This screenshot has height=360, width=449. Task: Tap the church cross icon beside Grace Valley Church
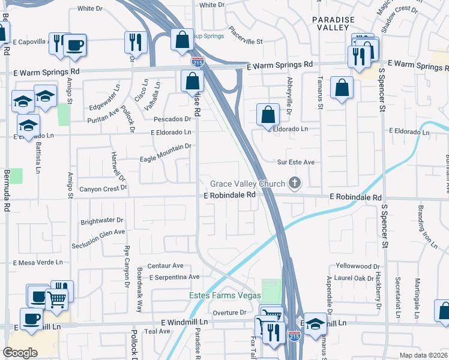[294, 183]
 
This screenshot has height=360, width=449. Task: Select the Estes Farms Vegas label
[225, 296]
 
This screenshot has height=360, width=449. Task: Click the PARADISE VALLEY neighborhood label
[331, 23]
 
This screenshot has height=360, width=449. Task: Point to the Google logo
[20, 353]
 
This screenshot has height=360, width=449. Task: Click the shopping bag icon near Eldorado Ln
[268, 115]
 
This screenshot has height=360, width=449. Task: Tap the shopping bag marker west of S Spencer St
[342, 88]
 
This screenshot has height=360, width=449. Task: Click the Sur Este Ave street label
[295, 162]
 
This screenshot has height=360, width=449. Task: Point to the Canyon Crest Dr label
[104, 188]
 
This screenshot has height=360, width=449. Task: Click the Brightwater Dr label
[101, 220]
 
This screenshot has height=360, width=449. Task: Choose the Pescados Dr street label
[172, 119]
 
